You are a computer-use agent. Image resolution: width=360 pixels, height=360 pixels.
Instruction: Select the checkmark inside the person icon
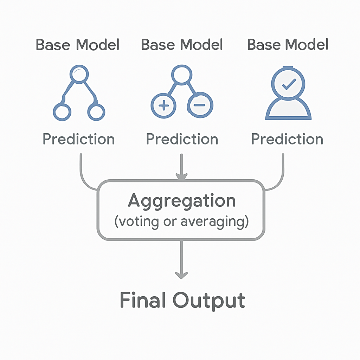[x=289, y=84]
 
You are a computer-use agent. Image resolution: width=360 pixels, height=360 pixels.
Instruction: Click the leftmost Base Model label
[x=78, y=45]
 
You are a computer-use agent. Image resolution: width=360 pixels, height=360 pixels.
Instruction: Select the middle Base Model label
[x=182, y=45]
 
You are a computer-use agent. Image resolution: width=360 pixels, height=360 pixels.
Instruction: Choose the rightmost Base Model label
[x=288, y=45]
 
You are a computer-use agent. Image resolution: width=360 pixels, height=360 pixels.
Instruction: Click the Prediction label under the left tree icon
[x=79, y=139]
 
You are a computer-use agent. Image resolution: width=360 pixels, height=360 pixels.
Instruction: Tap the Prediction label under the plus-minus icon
[x=182, y=139]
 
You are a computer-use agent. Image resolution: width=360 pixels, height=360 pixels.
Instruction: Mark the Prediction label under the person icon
[x=287, y=139]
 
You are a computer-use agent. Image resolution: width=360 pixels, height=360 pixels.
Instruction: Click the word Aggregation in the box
[x=182, y=201]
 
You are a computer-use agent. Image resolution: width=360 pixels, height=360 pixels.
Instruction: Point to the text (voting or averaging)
[x=182, y=222]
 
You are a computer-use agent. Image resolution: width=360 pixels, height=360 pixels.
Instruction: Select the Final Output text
[x=182, y=301]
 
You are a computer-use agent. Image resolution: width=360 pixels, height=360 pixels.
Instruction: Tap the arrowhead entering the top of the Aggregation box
[x=182, y=176]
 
